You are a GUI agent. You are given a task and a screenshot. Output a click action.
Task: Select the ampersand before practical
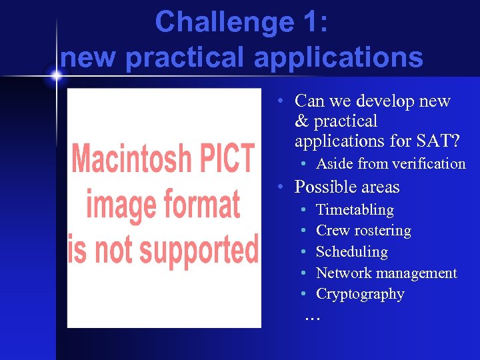[301, 121]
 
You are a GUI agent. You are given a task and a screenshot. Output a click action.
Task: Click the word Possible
[324, 187]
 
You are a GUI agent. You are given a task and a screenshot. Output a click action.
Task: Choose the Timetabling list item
[355, 210]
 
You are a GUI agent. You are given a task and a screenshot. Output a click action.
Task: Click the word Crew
[331, 231]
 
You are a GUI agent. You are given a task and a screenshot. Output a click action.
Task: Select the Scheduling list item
[351, 252]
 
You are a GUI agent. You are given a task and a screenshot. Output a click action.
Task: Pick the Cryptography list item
[360, 294]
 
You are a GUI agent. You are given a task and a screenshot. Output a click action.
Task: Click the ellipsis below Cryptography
[312, 317]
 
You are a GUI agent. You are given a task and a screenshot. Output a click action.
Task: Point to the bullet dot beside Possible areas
[282, 187]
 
